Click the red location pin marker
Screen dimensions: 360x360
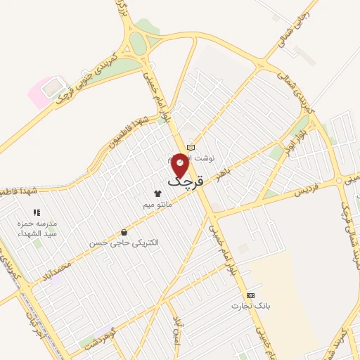181,163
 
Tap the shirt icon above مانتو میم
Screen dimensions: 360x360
157,193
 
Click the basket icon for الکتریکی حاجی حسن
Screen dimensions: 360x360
124,232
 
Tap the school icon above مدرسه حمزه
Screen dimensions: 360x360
37,212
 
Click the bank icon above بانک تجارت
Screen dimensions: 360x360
250,295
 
